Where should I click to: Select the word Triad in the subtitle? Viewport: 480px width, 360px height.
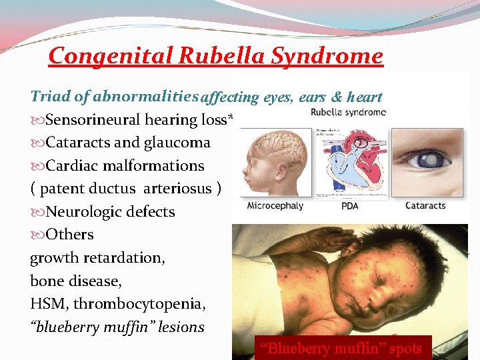(x=51, y=97)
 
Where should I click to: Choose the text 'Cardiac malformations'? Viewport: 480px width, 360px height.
(x=117, y=165)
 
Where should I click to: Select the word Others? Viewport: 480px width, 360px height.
(x=69, y=235)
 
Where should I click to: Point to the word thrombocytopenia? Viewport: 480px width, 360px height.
(x=139, y=304)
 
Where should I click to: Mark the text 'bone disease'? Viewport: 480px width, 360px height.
(x=75, y=281)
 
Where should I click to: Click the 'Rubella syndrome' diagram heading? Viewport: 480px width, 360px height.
(x=349, y=112)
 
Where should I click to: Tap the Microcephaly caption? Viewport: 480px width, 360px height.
(x=275, y=205)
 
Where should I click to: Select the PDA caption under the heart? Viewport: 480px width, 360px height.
(x=350, y=205)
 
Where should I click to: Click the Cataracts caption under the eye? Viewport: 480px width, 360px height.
(x=425, y=205)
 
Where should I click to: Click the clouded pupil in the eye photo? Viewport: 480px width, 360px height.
(x=421, y=161)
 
